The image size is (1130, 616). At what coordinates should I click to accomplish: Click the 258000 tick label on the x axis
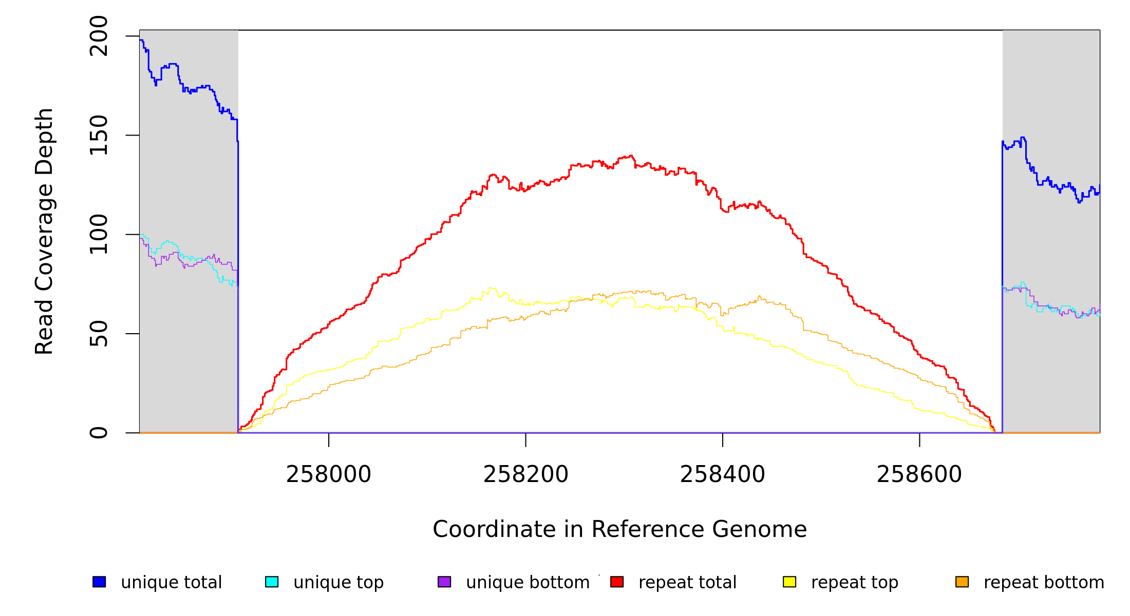[328, 474]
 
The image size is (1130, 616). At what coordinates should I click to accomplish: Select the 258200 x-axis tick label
[525, 474]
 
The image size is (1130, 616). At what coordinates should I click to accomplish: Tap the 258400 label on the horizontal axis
[722, 474]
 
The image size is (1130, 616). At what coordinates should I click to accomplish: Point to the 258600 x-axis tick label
[919, 474]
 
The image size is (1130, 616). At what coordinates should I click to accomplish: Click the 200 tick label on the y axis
[99, 36]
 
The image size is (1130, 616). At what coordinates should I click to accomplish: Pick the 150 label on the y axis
[99, 135]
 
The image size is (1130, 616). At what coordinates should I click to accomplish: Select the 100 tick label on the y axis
[99, 234]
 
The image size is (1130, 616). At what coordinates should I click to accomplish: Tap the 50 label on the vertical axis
[99, 334]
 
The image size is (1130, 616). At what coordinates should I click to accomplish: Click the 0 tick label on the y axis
[99, 433]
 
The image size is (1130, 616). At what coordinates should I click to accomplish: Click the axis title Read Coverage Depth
[44, 231]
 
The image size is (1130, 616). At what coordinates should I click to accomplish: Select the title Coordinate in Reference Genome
[619, 529]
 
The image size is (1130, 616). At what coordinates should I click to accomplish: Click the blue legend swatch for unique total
[99, 582]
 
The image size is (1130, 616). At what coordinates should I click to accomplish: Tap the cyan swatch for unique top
[272, 582]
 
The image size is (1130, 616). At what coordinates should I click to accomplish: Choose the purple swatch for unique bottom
[444, 582]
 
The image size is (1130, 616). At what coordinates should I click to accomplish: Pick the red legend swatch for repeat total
[617, 582]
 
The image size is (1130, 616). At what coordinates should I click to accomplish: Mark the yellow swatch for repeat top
[789, 582]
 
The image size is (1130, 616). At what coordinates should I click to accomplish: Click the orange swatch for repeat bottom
[962, 582]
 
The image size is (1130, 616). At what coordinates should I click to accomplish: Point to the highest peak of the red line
[631, 156]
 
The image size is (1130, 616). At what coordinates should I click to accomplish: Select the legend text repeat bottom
[1044, 582]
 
